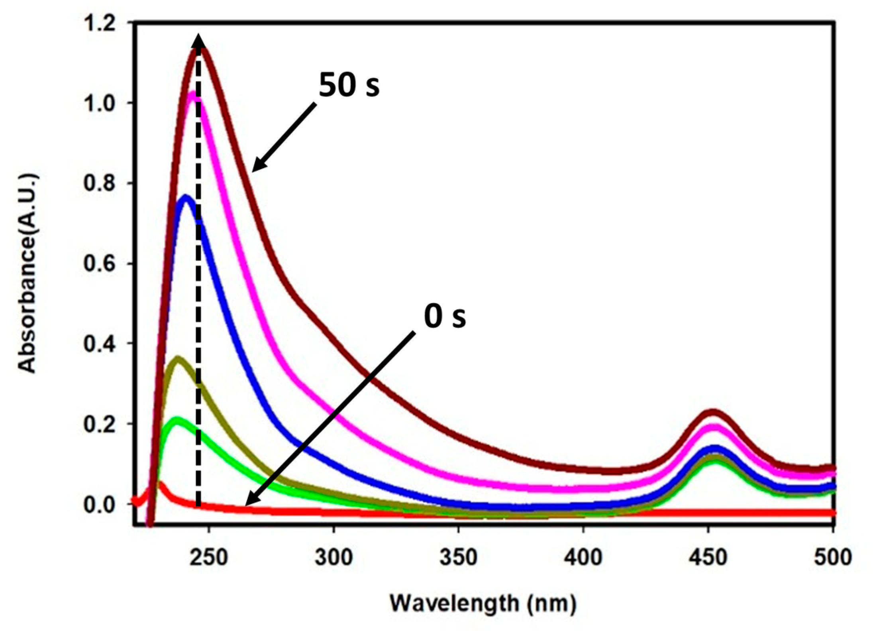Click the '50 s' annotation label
tap(349, 85)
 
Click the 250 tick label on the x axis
tap(208, 558)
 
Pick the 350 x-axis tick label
tap(458, 558)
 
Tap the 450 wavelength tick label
tap(708, 558)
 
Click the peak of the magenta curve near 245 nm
tap(193, 94)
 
